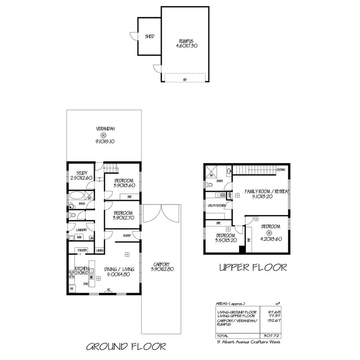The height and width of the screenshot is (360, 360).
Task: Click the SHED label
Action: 149,36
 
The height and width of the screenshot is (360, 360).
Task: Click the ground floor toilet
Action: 71,216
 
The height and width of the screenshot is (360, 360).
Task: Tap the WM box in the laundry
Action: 79,238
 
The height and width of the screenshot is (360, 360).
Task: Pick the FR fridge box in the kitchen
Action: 72,289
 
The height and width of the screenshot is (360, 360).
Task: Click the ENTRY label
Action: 127,235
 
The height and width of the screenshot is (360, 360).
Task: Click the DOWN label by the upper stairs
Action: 281,169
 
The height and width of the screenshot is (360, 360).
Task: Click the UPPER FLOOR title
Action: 252,267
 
